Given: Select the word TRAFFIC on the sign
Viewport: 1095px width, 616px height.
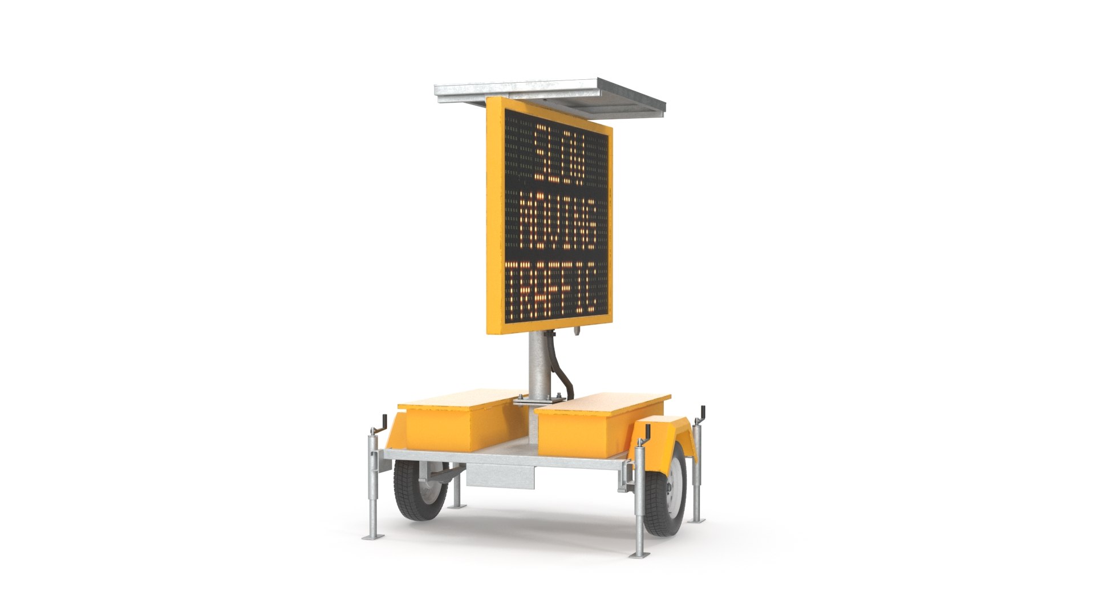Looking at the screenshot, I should click(551, 288).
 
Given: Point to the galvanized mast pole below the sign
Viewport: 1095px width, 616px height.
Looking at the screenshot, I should click(537, 365).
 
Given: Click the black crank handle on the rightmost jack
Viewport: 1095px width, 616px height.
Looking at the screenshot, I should click(703, 414).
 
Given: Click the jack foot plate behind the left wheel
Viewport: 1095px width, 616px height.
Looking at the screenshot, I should click(457, 506).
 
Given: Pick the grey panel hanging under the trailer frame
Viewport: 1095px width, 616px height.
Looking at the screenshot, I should click(501, 476).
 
